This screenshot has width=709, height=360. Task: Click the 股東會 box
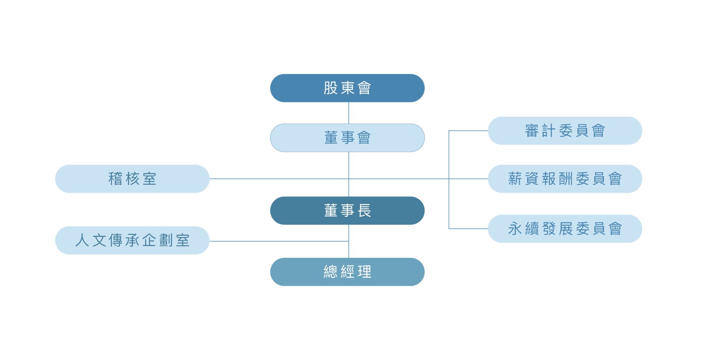(347, 88)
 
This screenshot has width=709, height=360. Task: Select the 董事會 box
(347, 138)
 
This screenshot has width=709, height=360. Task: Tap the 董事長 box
(347, 210)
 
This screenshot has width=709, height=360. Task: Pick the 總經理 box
(347, 272)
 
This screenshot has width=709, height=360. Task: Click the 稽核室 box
(132, 179)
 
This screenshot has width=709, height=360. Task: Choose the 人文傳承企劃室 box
(132, 240)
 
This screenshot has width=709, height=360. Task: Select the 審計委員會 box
(565, 131)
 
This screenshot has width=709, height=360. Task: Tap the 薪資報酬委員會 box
(565, 179)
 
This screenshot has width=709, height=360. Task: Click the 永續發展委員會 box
(565, 229)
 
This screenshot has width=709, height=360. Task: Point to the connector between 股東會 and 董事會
(349, 113)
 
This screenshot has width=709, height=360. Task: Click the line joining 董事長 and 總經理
(349, 241)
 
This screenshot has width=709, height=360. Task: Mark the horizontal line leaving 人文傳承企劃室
(279, 241)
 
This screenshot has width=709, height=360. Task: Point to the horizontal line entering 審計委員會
(468, 131)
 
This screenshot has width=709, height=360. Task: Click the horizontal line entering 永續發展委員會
(468, 229)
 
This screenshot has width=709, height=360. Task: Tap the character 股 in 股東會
(330, 88)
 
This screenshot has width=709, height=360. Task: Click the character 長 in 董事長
(364, 210)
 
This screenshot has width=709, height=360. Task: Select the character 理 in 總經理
(364, 272)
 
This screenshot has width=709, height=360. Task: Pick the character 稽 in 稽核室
(115, 179)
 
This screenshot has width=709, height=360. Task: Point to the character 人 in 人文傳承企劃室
(82, 240)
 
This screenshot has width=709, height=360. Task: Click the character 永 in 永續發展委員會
(515, 229)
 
